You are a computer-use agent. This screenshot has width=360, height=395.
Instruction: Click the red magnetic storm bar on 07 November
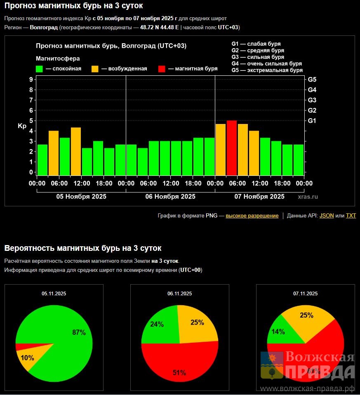(232, 147)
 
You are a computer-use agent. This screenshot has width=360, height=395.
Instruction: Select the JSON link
(327, 215)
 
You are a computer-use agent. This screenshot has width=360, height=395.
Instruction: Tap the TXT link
(351, 215)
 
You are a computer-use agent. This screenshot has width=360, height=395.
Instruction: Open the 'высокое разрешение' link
(252, 215)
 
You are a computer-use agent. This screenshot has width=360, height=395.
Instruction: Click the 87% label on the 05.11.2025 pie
(79, 332)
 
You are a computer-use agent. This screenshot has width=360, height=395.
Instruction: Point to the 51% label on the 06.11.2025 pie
(179, 373)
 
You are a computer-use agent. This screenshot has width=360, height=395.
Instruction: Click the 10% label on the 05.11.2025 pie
(28, 358)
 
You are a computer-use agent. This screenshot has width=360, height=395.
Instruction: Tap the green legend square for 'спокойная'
(40, 69)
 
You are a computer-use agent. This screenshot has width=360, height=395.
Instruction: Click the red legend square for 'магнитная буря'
(162, 69)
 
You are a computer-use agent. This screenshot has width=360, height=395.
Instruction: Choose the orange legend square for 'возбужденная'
(95, 69)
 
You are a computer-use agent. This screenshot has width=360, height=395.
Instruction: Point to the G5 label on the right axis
(312, 79)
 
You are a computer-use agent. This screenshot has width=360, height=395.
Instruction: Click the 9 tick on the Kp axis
(31, 79)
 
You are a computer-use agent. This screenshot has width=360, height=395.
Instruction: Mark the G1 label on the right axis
(312, 120)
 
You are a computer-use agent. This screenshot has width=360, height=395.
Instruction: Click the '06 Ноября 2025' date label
(170, 196)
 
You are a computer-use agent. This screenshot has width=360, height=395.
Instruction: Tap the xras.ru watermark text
(308, 197)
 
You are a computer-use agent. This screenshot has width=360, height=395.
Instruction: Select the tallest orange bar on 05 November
(75, 151)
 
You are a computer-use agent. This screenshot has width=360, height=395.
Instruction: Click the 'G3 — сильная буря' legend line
(258, 57)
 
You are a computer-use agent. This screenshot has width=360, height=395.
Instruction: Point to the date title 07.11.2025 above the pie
(305, 294)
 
